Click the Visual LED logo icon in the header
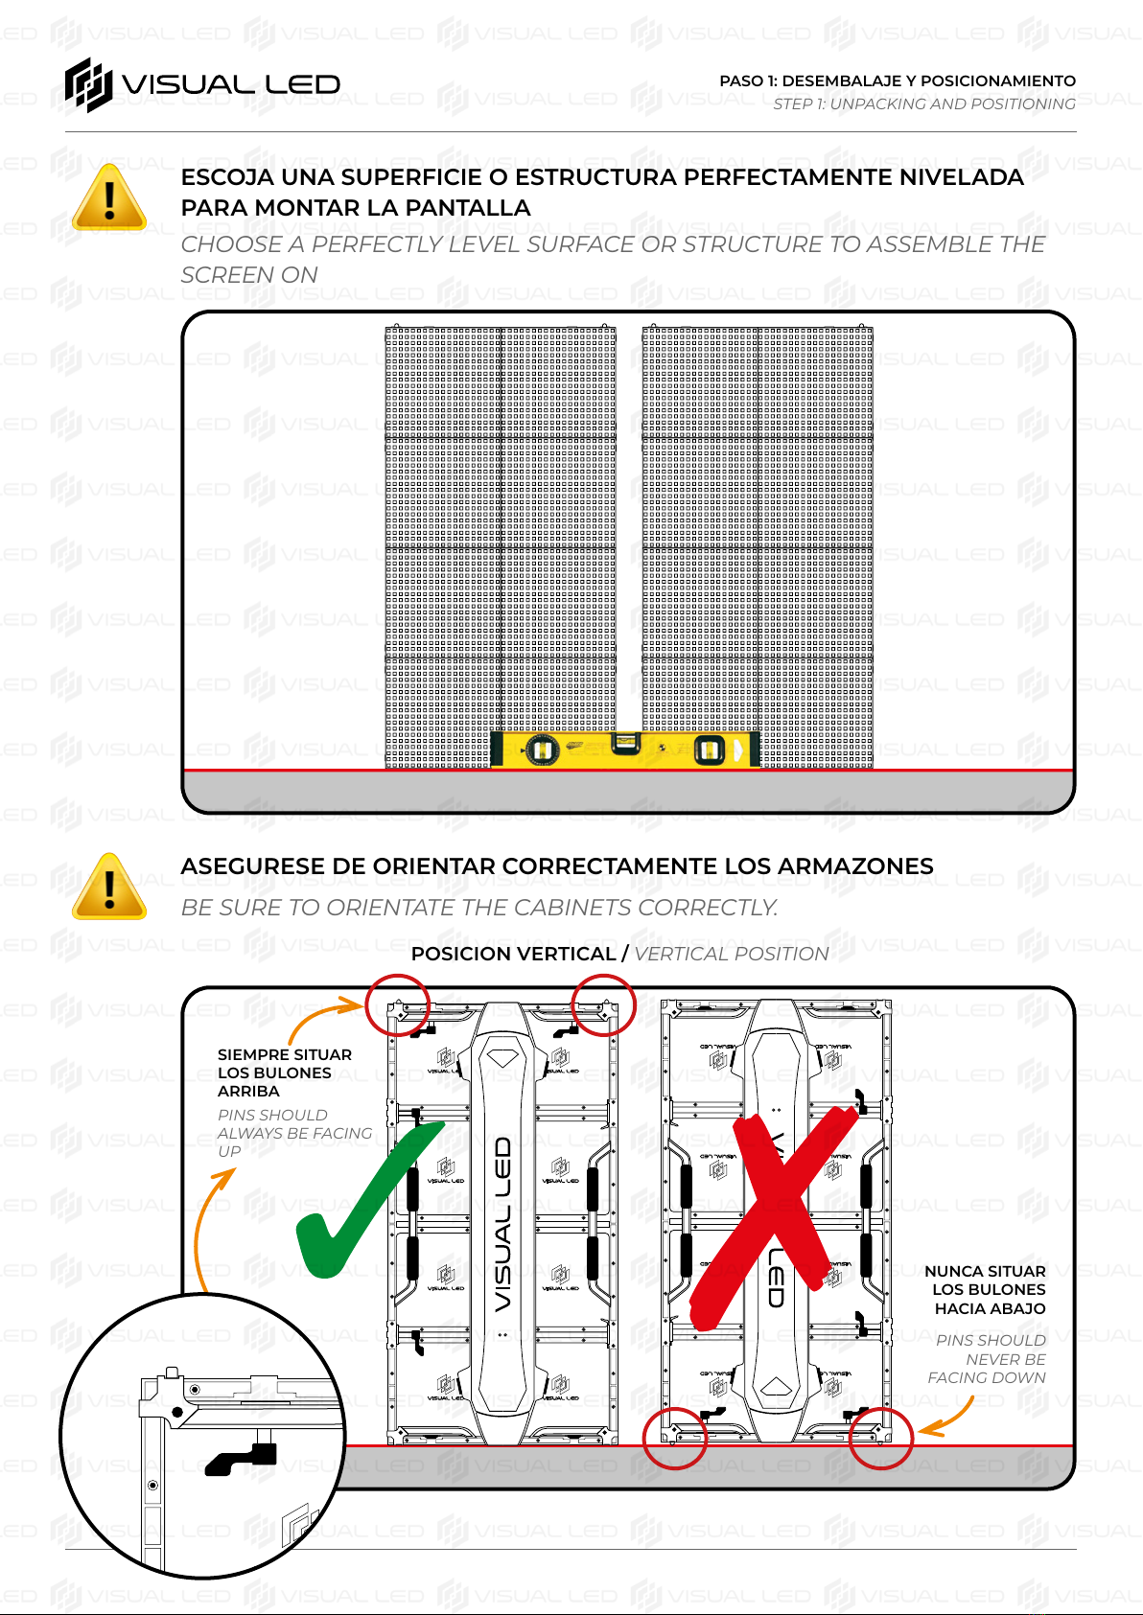coord(89,85)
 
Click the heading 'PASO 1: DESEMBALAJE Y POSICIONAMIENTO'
coord(898,81)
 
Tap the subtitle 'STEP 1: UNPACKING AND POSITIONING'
coord(923,104)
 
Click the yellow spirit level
coord(624,750)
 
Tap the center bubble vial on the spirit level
coord(625,744)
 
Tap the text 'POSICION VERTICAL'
coord(513,954)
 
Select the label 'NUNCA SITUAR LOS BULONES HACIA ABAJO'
coord(985,1290)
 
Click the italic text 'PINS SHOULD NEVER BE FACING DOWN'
coord(987,1359)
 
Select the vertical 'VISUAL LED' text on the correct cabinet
coord(502,1224)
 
